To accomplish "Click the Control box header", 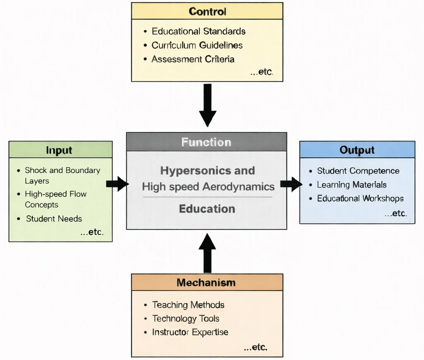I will (207, 11).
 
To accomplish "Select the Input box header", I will (60, 150).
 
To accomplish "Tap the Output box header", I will (357, 150).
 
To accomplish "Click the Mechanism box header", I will (207, 282).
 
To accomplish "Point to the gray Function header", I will (206, 142).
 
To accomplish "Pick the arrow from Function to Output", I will (291, 184).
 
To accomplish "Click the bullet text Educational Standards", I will (198, 31).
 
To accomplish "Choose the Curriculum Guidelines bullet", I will (197, 45).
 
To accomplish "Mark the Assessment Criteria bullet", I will (193, 59).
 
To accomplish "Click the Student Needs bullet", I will (54, 218).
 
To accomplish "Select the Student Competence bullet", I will (358, 171).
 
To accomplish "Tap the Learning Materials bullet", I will (352, 185).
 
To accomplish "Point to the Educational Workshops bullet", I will (360, 198).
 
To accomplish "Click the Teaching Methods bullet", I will (188, 305).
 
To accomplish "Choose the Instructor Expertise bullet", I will (190, 332).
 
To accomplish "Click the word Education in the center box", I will (207, 209).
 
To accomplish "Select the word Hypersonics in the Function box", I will (189, 170).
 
